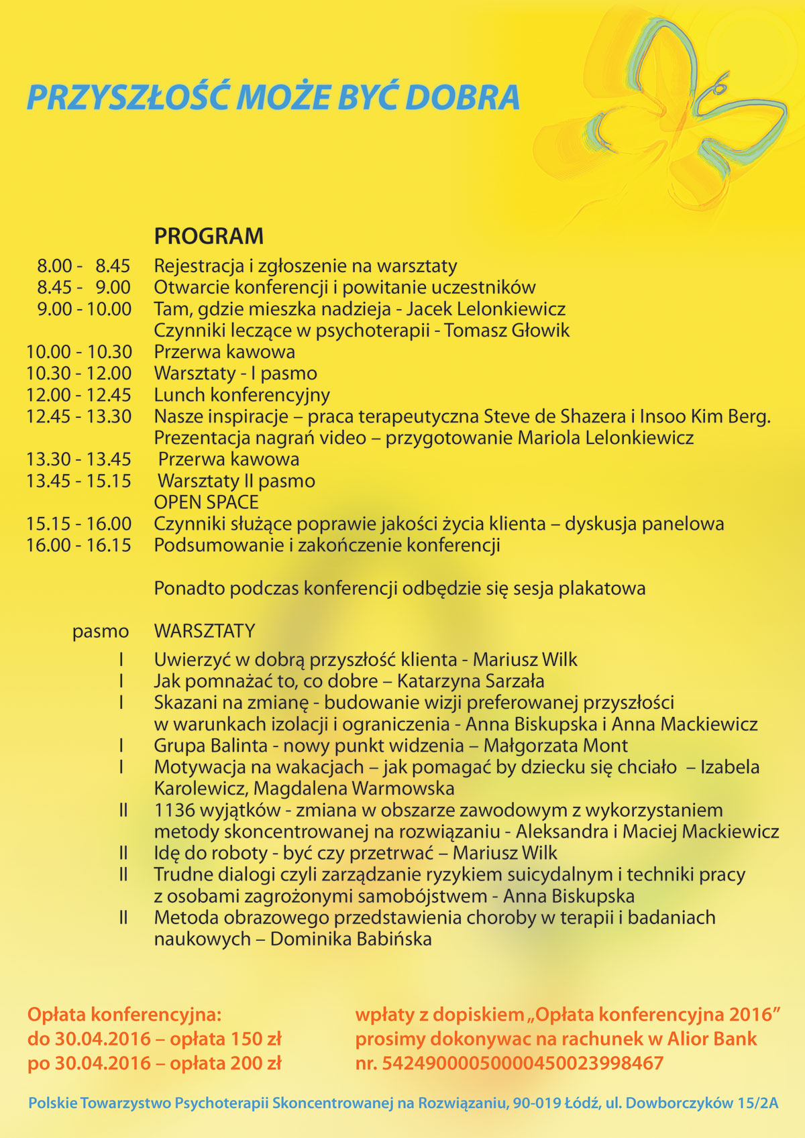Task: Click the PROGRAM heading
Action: pyautogui.click(x=209, y=236)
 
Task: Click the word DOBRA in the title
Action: pyautogui.click(x=462, y=97)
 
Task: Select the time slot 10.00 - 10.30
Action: pyautogui.click(x=79, y=352)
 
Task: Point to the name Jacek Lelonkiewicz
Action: pyautogui.click(x=486, y=309)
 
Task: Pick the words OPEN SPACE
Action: pyautogui.click(x=206, y=502)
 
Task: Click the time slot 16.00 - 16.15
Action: pyautogui.click(x=79, y=545)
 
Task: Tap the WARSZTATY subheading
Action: pyautogui.click(x=205, y=631)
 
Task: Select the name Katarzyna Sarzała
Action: pyautogui.click(x=470, y=681)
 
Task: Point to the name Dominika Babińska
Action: pyautogui.click(x=350, y=939)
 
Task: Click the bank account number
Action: pyautogui.click(x=523, y=1063)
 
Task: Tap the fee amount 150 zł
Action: pyautogui.click(x=256, y=1039)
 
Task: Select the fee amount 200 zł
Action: pyautogui.click(x=256, y=1063)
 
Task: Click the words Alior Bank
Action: pyautogui.click(x=712, y=1039)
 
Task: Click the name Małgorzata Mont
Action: pyautogui.click(x=555, y=746)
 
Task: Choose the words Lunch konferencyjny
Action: pyautogui.click(x=241, y=395)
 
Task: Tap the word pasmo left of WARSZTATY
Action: pyautogui.click(x=101, y=632)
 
